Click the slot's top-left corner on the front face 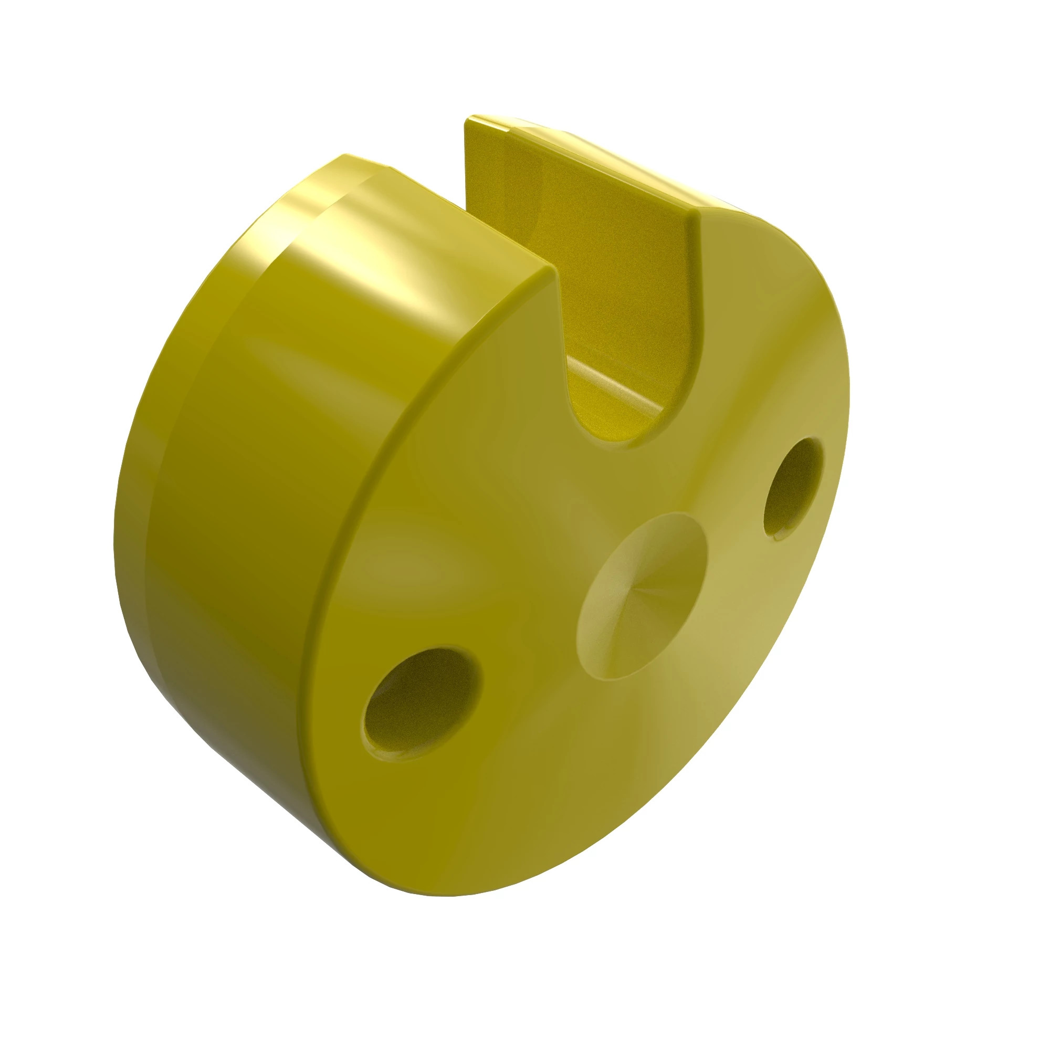click(555, 271)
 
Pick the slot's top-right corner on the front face click(698, 215)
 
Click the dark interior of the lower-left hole click(418, 696)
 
